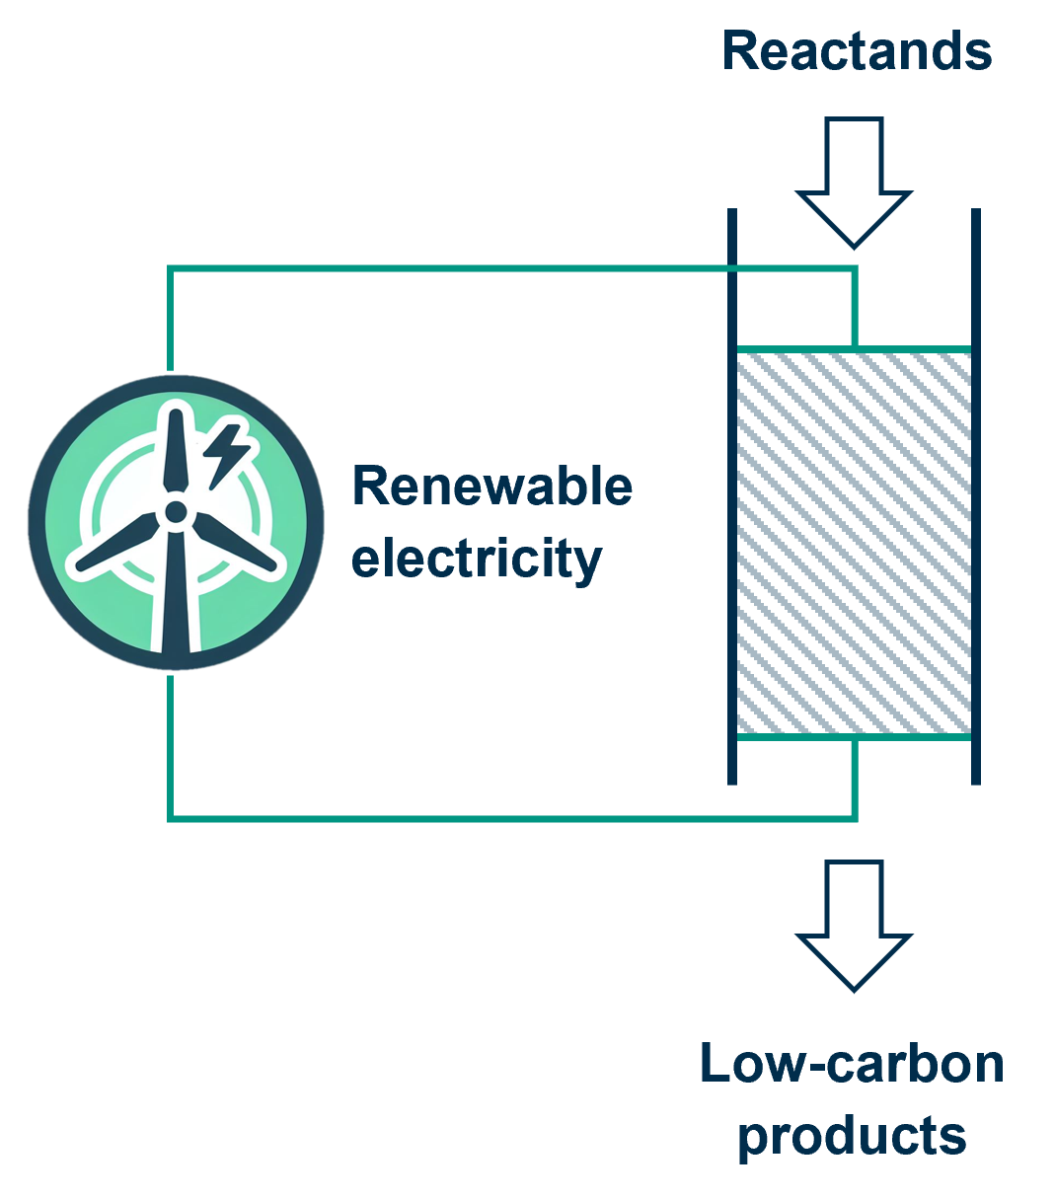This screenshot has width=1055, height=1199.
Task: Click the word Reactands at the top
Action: [x=856, y=50]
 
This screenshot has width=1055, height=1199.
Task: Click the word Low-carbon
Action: [x=852, y=1064]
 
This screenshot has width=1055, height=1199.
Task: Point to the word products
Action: [x=852, y=1135]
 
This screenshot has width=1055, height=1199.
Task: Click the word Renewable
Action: [x=491, y=487]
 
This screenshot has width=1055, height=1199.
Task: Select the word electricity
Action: [x=477, y=558]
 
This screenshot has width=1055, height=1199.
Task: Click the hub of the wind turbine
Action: [x=176, y=511]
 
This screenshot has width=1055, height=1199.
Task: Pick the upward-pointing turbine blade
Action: [x=176, y=449]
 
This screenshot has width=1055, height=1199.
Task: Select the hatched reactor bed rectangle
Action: [x=854, y=543]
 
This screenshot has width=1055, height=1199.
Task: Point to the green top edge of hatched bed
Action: [x=854, y=349]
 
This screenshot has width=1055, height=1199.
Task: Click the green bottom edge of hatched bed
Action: [x=854, y=736]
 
